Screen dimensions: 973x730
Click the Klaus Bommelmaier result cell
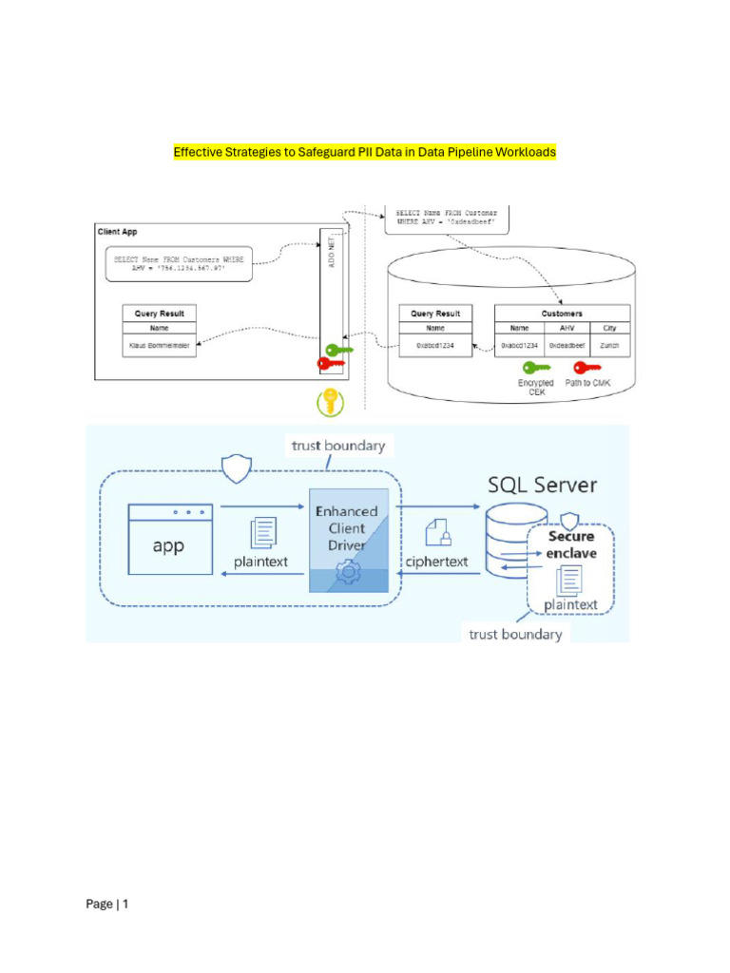click(160, 346)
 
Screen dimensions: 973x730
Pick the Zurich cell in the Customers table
click(609, 346)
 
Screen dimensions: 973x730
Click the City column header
click(609, 329)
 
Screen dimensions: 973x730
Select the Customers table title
click(562, 313)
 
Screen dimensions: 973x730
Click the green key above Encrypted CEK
click(535, 367)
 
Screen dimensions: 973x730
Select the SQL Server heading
click(542, 485)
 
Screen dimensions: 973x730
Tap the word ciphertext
click(437, 562)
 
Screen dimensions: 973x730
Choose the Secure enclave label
click(570, 544)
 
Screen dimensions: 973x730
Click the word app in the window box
click(168, 546)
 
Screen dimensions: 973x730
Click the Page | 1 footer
click(106, 904)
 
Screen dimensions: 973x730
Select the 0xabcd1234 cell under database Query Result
click(435, 346)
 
